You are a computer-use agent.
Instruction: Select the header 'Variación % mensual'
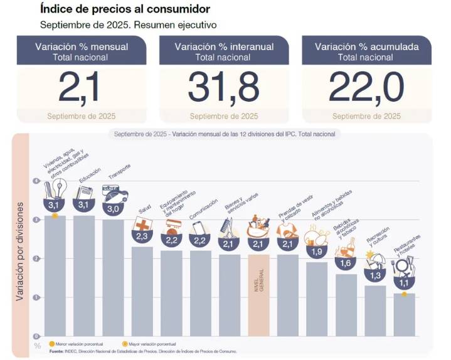point(82,46)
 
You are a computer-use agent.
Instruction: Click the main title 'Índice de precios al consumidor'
point(125,9)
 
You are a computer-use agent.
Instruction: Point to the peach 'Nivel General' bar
point(258,295)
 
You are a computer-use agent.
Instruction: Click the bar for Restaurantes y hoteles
point(404,314)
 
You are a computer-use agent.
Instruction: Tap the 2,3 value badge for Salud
point(142,235)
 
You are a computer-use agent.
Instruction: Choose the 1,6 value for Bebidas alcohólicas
point(346,263)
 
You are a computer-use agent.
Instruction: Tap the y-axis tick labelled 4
point(37,181)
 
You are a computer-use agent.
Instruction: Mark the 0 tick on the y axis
point(37,336)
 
